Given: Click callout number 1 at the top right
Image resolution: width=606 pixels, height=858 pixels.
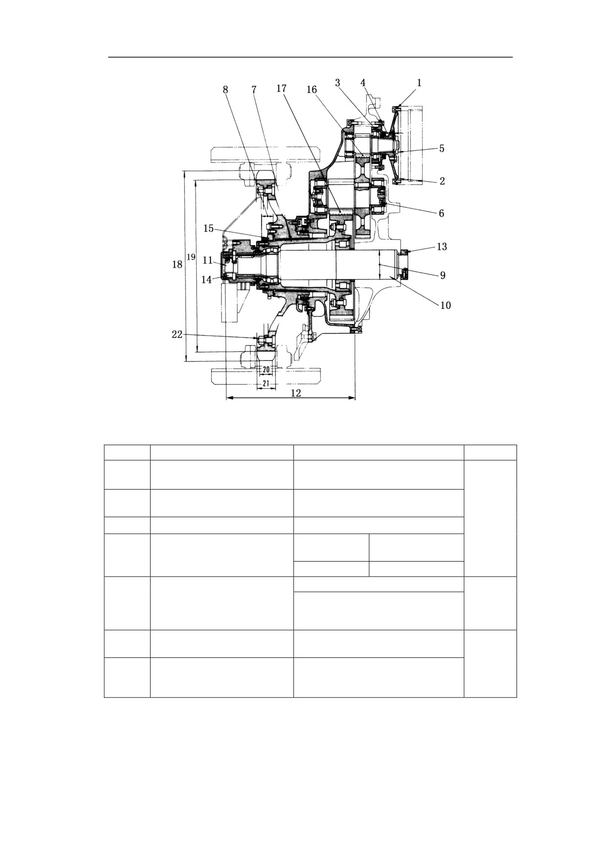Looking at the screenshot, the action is click(x=419, y=83).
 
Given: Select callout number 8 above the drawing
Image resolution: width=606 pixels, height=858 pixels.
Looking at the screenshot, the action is click(x=225, y=90).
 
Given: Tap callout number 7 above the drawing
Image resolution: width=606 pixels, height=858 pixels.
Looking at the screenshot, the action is click(x=254, y=90).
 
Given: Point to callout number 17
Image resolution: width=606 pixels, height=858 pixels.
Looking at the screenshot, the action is click(x=281, y=89).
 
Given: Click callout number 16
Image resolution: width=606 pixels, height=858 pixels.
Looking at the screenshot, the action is click(x=312, y=90).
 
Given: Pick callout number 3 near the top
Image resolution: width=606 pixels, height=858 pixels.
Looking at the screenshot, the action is click(x=337, y=83).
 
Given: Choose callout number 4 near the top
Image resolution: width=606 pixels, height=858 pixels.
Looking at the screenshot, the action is click(x=363, y=83).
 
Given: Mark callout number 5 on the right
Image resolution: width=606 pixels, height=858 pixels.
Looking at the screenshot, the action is click(x=442, y=148).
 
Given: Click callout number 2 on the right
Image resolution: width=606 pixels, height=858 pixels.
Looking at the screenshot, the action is click(x=442, y=181).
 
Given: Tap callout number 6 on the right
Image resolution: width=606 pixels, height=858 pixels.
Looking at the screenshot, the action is click(x=441, y=213).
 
